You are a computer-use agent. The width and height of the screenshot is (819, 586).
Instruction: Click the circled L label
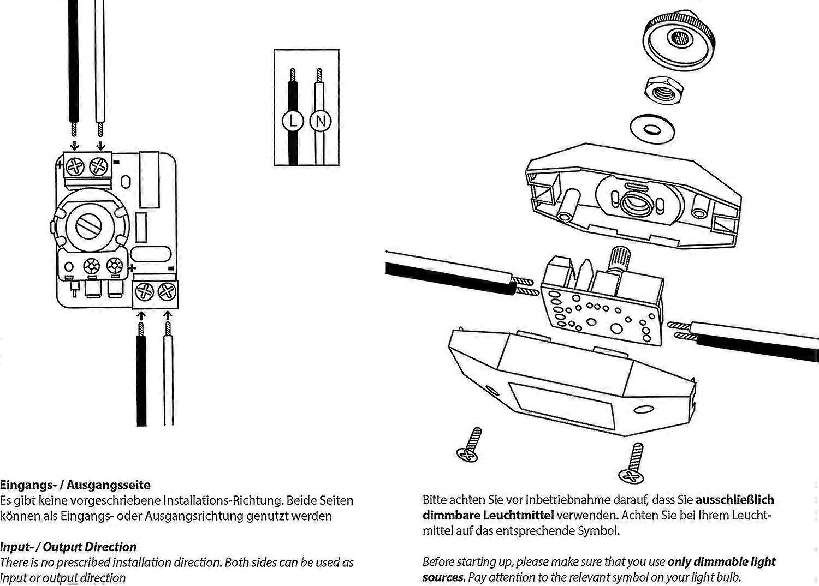coord(293,121)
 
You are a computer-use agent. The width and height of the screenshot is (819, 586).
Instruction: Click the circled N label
coord(320,121)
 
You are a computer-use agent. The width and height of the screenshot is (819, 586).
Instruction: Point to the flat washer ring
coord(652,130)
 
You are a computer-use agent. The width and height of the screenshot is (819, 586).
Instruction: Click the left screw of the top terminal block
coord(74,164)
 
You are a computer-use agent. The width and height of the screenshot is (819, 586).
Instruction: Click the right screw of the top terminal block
coord(99,164)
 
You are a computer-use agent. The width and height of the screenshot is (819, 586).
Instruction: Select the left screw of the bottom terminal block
coord(144,292)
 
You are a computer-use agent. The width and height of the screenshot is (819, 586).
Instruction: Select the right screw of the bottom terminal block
coord(167,292)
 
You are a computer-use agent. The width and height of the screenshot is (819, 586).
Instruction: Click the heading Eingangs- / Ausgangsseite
coord(75,485)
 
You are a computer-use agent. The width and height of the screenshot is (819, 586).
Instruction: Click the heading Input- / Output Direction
coord(68,547)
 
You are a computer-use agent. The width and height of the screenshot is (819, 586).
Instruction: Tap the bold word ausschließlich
coord(735,499)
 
